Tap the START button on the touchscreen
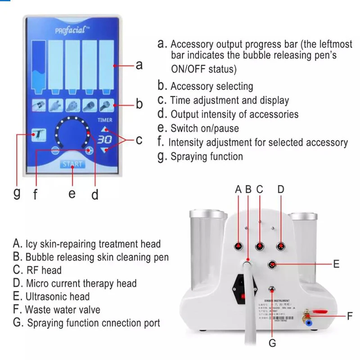click(72, 164)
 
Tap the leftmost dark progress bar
click(40, 65)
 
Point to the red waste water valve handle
click(320, 310)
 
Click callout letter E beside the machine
click(336, 265)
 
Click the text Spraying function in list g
click(207, 157)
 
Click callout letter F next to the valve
click(350, 316)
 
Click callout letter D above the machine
click(281, 189)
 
